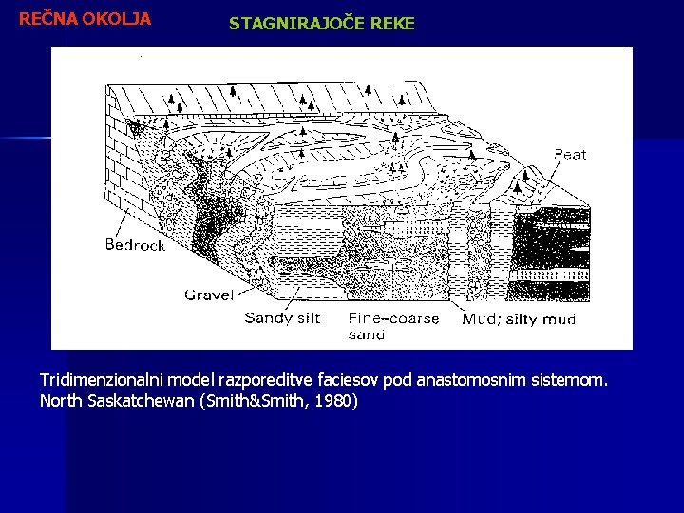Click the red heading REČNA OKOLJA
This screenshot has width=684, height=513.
coord(85,18)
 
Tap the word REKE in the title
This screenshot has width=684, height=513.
coord(392,24)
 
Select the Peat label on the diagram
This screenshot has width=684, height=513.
coord(570,154)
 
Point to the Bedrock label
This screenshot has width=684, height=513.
coord(135,244)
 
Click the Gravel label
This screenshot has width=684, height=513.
coord(209,294)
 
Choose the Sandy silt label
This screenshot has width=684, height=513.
coord(283,318)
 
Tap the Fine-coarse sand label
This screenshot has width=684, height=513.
coord(393,326)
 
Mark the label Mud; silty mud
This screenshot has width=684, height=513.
coord(519,319)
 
